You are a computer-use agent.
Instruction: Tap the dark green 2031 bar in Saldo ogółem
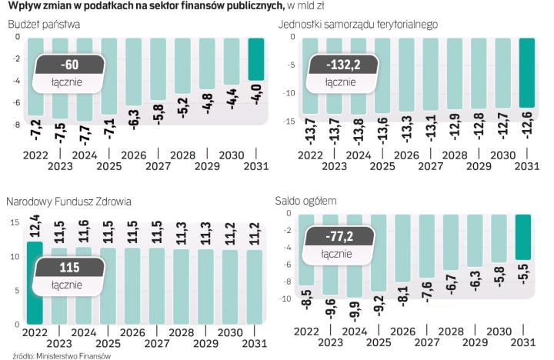522,237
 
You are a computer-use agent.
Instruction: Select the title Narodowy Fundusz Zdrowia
68,202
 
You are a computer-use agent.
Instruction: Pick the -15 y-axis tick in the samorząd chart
289,122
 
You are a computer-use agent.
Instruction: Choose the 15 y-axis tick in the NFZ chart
14,223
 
